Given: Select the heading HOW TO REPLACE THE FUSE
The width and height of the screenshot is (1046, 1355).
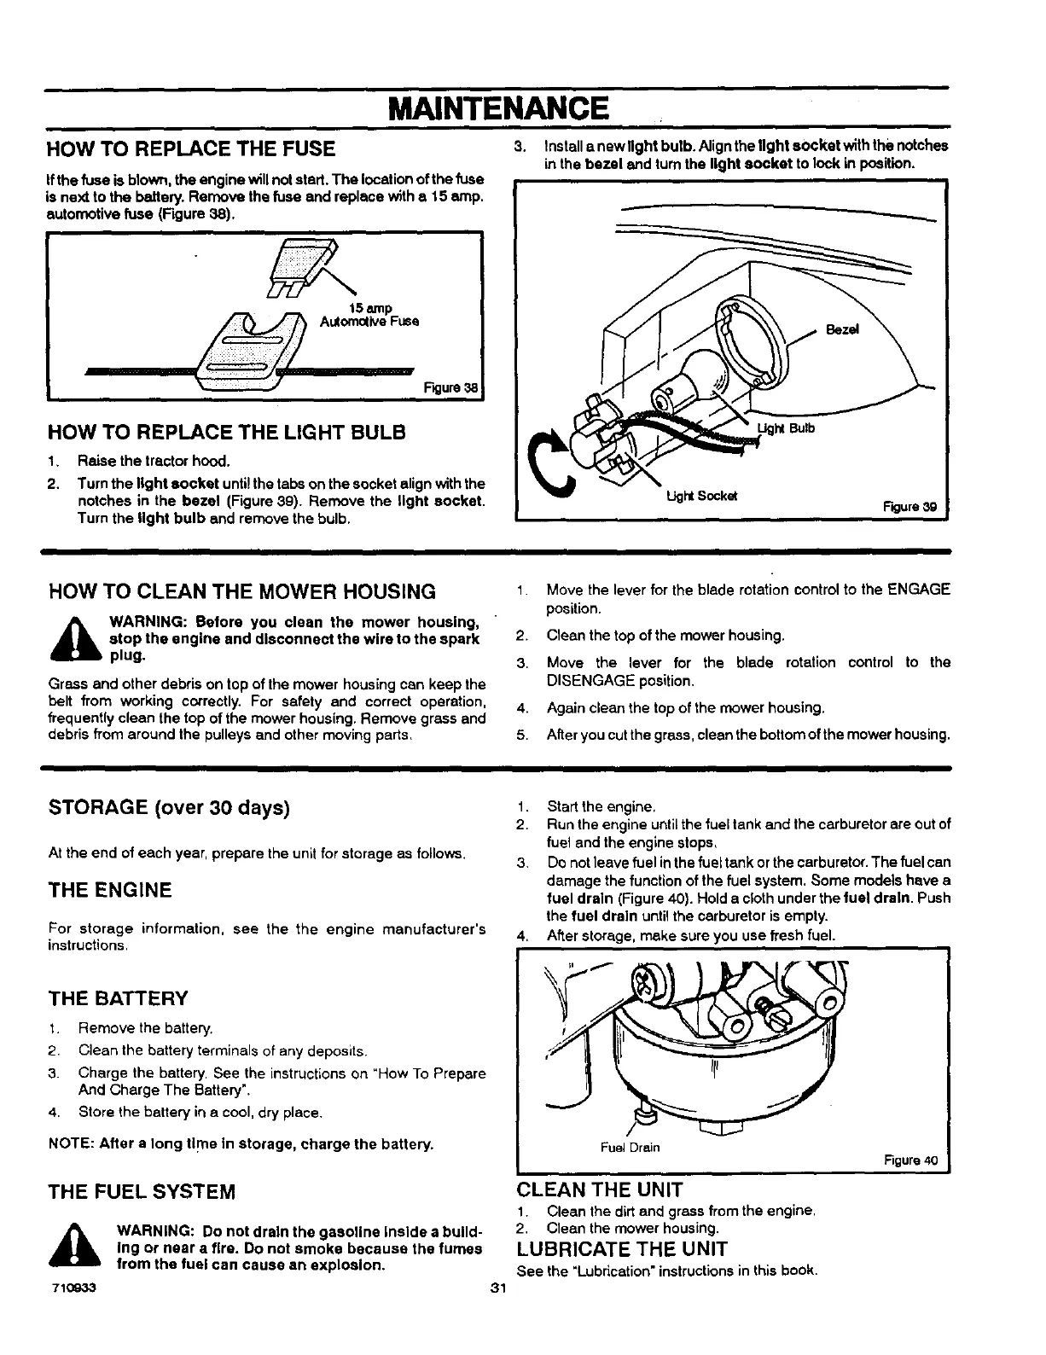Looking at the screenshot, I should [191, 149].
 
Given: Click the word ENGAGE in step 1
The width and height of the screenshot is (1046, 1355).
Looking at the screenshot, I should [918, 590].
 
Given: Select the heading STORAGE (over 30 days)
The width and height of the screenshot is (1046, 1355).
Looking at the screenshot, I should [170, 807].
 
